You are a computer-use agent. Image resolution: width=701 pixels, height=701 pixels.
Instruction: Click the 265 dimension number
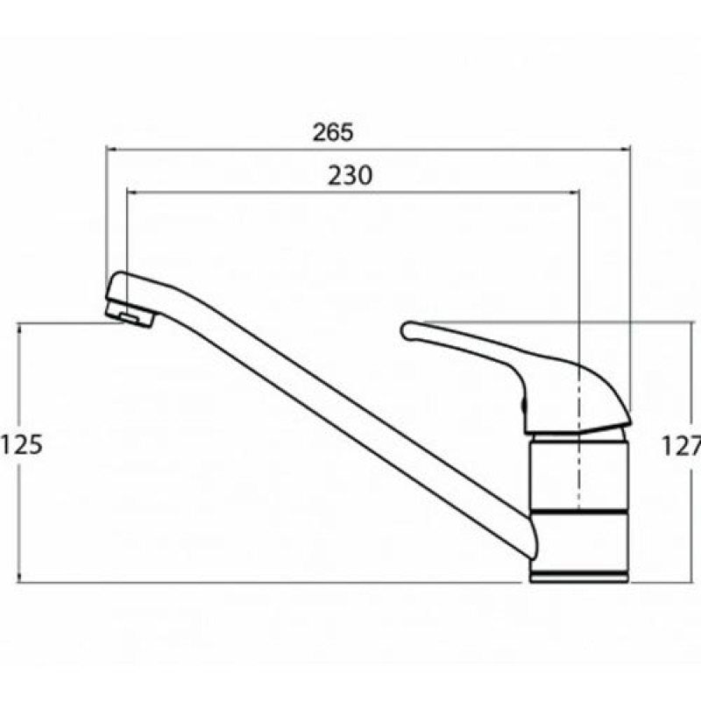tap(333, 132)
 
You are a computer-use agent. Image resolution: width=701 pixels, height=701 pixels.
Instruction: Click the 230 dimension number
tap(350, 176)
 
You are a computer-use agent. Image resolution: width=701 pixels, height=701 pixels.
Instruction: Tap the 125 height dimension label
tap(21, 445)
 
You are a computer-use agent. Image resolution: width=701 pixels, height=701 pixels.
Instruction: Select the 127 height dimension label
tap(681, 446)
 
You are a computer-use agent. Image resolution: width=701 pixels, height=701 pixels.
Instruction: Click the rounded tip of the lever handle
tap(407, 331)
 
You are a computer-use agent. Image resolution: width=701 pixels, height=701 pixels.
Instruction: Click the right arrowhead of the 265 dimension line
tap(626, 150)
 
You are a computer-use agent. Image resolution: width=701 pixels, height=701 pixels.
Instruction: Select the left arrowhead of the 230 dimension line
tap(132, 193)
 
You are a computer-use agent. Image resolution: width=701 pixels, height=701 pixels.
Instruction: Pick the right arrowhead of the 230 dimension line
tap(575, 193)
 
